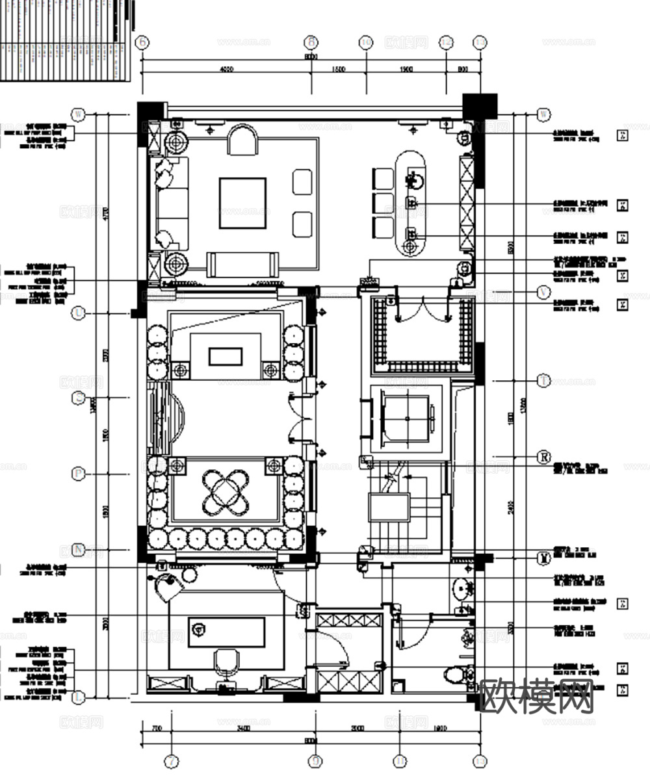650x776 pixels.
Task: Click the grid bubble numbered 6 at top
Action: pyautogui.click(x=142, y=42)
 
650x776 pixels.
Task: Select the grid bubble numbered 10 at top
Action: pyautogui.click(x=366, y=42)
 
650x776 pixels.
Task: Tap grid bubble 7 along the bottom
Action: pyautogui.click(x=172, y=760)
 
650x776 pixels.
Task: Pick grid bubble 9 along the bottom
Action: pyautogui.click(x=316, y=760)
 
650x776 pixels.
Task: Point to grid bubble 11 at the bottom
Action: pyautogui.click(x=400, y=760)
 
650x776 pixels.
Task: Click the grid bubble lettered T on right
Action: pyautogui.click(x=543, y=381)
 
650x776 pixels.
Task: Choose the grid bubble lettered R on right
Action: pyautogui.click(x=543, y=457)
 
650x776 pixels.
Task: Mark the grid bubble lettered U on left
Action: pyautogui.click(x=79, y=313)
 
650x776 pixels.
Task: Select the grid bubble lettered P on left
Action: pyautogui.click(x=79, y=474)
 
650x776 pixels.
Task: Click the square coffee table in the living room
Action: pyautogui.click(x=242, y=203)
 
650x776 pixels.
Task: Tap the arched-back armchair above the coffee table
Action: pyautogui.click(x=244, y=140)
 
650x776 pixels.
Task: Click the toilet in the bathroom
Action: pyautogui.click(x=460, y=675)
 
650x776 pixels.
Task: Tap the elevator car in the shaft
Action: pyautogui.click(x=406, y=419)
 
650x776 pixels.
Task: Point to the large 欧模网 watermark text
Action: pyautogui.click(x=537, y=696)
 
